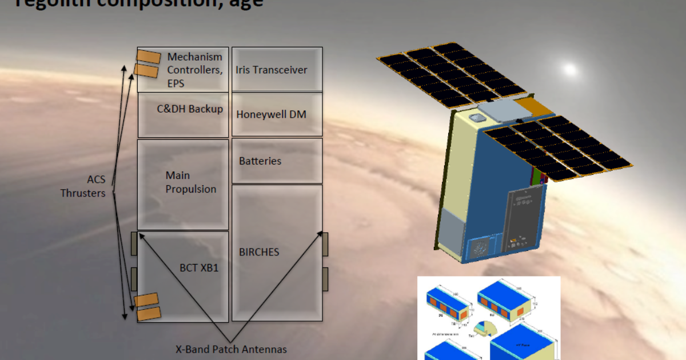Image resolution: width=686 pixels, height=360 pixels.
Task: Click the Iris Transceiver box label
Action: click(x=271, y=70)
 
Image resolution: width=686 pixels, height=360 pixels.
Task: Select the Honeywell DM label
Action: click(x=271, y=114)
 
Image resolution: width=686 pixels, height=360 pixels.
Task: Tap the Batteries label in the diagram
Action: click(x=260, y=161)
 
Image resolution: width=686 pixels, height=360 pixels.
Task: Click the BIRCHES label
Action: click(x=259, y=251)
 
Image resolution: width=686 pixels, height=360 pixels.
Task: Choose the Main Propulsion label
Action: click(x=190, y=182)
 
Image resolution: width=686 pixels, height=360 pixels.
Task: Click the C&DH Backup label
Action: click(x=190, y=109)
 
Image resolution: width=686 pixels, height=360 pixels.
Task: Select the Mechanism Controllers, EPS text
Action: click(x=194, y=70)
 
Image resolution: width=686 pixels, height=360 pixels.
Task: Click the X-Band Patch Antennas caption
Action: click(x=232, y=349)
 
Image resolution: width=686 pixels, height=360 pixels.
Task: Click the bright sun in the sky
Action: click(x=569, y=70)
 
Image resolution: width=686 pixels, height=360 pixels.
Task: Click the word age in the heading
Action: click(x=246, y=3)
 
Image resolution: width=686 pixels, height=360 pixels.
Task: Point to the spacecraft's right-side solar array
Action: click(x=558, y=148)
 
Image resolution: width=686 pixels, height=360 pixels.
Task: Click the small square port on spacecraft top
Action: click(x=476, y=118)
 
